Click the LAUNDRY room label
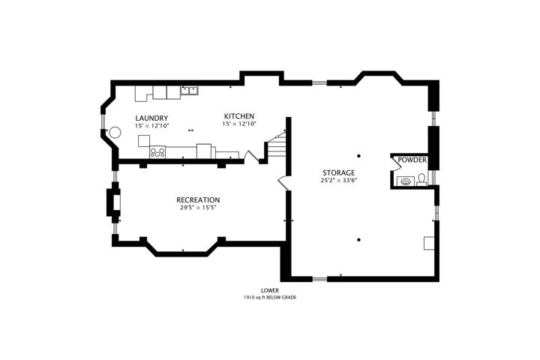151,118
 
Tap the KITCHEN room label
239,116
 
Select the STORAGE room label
338,173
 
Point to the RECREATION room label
198,199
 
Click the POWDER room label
412,160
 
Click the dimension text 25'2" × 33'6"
338,180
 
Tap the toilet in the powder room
421,180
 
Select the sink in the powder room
406,181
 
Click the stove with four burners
157,152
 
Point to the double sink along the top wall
190,90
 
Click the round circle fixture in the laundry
115,132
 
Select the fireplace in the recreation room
114,202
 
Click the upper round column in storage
358,156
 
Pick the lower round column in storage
358,240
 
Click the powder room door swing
395,163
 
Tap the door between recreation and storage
283,183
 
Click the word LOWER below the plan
270,291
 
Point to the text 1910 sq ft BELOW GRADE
270,297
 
